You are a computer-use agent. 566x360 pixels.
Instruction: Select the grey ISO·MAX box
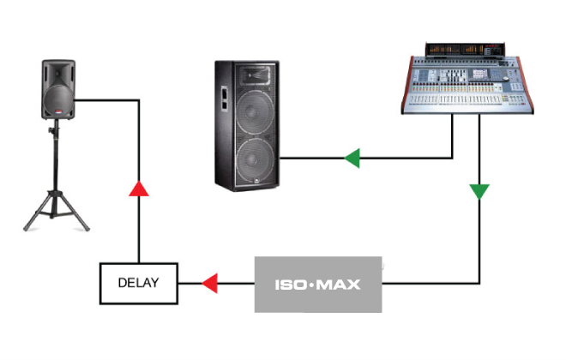coord(317,284)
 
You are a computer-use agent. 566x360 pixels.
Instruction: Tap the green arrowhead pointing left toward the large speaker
coord(351,158)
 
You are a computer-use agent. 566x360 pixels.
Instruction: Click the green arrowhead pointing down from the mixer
coord(479,190)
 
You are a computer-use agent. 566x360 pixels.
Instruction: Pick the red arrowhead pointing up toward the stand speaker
coord(138,189)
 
